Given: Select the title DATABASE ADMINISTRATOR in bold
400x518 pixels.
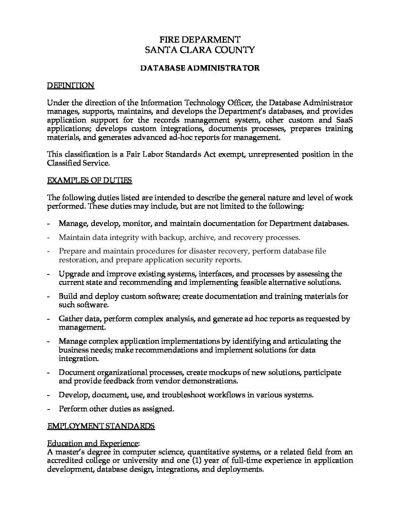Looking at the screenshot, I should click(200, 68).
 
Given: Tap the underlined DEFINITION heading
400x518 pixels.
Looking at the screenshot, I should click(71, 85).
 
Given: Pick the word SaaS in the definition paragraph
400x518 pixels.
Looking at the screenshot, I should click(344, 120).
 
